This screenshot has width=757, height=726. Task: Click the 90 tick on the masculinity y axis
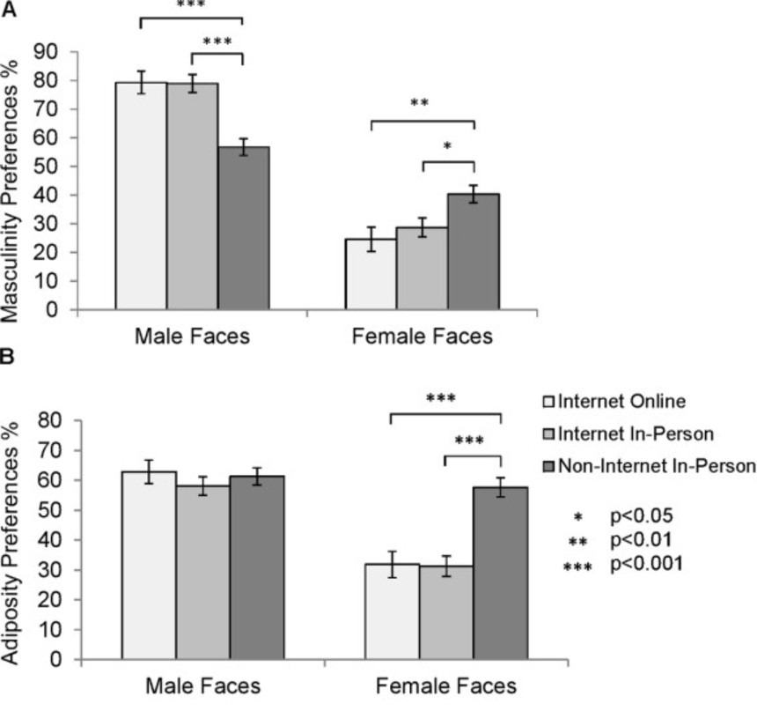point(58,52)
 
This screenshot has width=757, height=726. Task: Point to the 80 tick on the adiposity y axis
point(58,420)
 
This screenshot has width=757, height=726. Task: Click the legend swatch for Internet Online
point(545,403)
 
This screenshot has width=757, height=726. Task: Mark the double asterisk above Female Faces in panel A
point(419,103)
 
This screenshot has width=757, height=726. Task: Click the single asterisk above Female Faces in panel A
point(447,146)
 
